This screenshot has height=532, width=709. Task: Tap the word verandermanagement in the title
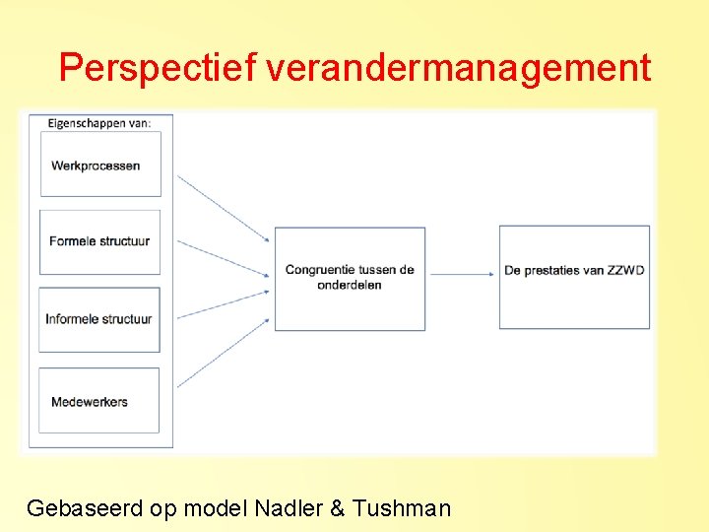pos(458,68)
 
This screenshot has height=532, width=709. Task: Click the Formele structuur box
pos(99,240)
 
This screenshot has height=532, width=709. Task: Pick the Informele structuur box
pos(99,319)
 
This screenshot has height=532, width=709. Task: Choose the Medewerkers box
pos(99,400)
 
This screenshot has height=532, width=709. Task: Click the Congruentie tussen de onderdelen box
pos(350,278)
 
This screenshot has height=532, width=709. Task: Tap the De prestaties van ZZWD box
pos(574,277)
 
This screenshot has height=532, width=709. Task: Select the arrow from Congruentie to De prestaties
pos(462,273)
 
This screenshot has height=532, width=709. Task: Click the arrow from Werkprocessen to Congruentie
pos(223,208)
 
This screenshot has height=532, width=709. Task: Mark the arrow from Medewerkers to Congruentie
pos(223,352)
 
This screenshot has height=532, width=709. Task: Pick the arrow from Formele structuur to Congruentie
pos(223,256)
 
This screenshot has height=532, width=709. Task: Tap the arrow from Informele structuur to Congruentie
pos(223,302)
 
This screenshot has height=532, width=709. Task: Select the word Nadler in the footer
pos(287,508)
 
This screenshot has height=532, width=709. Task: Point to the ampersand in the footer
pos(338,508)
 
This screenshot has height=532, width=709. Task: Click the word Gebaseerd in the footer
pos(85,508)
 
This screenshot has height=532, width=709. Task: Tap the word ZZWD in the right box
pos(626,270)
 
